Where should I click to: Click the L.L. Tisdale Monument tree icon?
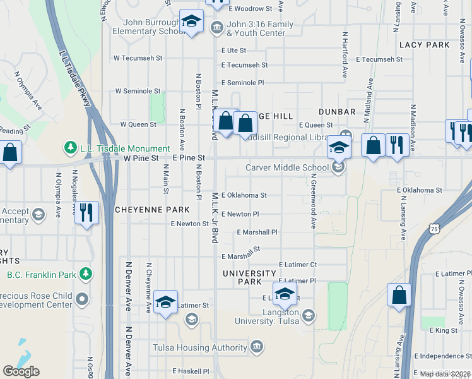(71, 148)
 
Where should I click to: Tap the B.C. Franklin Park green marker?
(86, 274)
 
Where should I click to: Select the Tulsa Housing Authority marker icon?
(257, 347)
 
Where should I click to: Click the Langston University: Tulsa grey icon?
(308, 315)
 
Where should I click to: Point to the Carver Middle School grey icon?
(339, 168)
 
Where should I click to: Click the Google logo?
(21, 371)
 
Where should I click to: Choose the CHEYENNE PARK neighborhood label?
(152, 210)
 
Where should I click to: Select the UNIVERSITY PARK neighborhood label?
(249, 277)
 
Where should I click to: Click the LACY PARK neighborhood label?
(424, 45)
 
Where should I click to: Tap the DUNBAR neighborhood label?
(337, 112)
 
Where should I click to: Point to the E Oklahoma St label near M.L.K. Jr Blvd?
(244, 195)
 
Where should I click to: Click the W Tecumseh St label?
(138, 57)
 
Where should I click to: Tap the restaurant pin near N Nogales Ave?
(86, 212)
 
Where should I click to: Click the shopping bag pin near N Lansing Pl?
(399, 296)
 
